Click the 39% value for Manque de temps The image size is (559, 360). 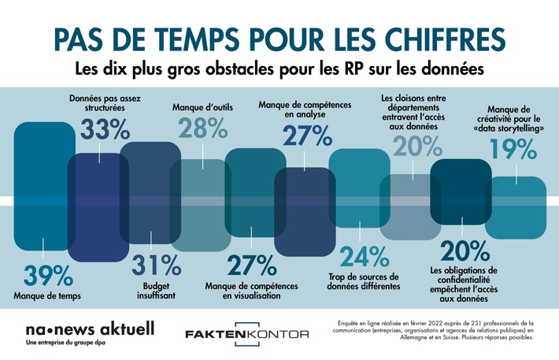tap(43, 276)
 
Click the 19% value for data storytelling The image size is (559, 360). tap(514, 150)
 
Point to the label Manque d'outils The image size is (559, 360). tap(202, 106)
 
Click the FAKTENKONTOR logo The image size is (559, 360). tap(246, 335)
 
